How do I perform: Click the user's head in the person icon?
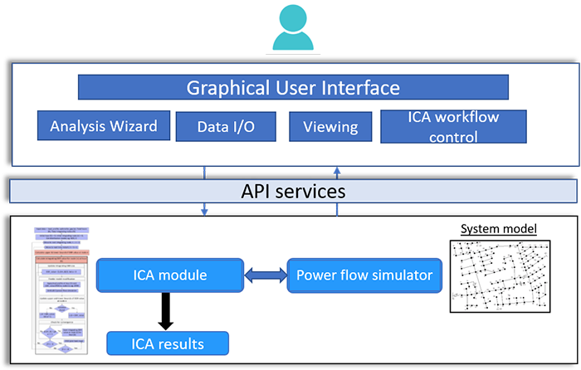pos(291,18)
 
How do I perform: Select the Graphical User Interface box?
pos(293,87)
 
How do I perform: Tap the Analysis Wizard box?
pos(104,126)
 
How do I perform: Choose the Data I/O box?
pos(226,127)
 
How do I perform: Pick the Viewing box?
pos(330,127)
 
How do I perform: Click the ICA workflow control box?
pos(453,126)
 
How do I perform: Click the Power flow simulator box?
pos(364,275)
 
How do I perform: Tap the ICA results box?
pos(167,343)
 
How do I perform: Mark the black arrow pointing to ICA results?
pos(167,310)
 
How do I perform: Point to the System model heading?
pos(499,229)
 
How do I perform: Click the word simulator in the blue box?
pos(402,275)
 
